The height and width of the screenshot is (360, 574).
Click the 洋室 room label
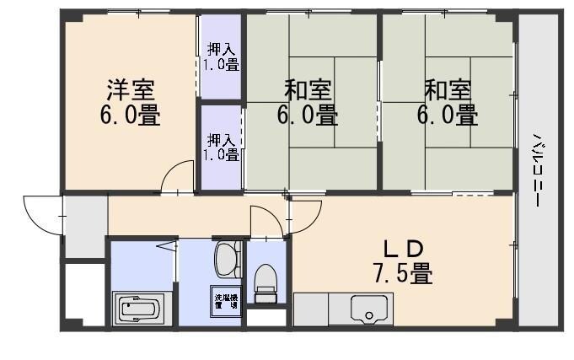(x=130, y=89)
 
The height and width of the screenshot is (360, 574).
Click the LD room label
(x=402, y=249)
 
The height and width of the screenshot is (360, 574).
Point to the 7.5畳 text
(x=402, y=274)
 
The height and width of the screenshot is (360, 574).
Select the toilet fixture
(x=266, y=282)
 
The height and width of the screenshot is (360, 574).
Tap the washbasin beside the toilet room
(x=226, y=258)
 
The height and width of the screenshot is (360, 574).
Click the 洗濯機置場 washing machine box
(x=225, y=301)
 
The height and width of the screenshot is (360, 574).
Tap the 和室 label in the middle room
(x=307, y=89)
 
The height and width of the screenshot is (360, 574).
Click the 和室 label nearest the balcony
(x=447, y=89)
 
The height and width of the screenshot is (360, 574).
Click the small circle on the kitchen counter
(x=368, y=318)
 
